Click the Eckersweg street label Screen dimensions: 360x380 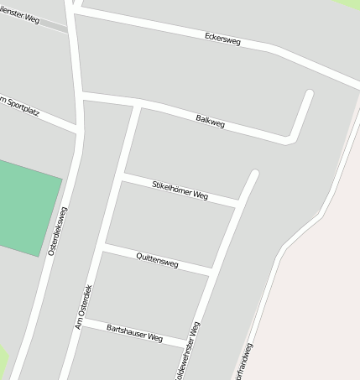[x=223, y=39]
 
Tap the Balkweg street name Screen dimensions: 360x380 [x=210, y=122]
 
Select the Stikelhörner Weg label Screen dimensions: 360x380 [x=180, y=190]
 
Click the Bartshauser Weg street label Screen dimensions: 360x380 [x=134, y=333]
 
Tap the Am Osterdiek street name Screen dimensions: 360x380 [x=84, y=306]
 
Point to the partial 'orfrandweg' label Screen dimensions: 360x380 [x=244, y=362]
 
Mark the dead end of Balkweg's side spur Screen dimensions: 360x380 [x=310, y=93]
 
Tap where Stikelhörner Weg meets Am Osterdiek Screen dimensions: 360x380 [x=123, y=177]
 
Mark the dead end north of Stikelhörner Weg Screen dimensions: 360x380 [x=254, y=174]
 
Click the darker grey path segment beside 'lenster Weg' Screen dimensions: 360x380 [x=55, y=27]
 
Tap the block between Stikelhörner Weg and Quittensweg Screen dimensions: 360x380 [x=168, y=225]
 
